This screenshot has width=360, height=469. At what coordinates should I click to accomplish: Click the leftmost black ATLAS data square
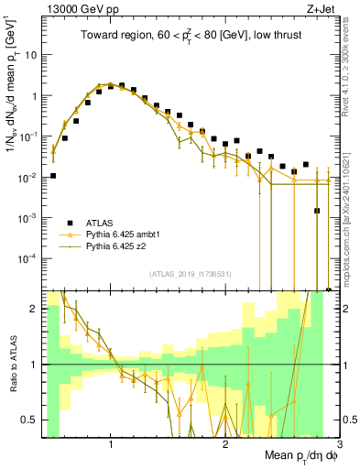[x=53, y=175]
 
